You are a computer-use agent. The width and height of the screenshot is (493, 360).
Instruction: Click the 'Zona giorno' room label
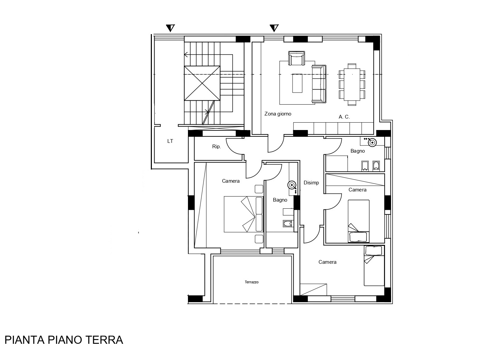(278, 114)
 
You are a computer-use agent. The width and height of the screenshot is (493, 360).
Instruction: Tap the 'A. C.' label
(344, 117)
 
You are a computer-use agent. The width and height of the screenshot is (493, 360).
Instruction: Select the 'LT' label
(170, 141)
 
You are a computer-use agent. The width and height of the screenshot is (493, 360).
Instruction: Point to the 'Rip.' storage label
(217, 147)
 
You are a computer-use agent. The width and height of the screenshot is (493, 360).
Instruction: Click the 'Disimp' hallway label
(311, 183)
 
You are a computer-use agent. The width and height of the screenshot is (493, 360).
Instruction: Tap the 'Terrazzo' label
(252, 282)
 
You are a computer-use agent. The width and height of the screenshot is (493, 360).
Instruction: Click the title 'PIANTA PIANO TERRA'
(64, 340)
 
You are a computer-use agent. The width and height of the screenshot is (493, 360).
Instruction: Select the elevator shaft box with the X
(202, 83)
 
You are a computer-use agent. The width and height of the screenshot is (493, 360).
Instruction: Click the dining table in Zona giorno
(352, 84)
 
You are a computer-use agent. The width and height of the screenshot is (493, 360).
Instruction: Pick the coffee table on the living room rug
(297, 83)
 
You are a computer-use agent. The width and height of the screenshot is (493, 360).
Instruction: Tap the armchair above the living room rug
(297, 58)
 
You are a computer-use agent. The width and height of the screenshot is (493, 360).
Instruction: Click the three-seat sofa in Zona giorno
(319, 84)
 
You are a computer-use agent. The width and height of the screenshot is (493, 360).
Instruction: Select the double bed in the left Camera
(244, 214)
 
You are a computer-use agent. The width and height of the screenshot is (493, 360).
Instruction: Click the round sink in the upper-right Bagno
(373, 143)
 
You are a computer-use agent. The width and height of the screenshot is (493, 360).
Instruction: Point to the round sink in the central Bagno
(292, 185)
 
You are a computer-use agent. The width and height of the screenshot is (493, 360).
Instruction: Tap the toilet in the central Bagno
(287, 224)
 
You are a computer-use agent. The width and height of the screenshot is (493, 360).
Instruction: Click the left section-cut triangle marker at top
(170, 28)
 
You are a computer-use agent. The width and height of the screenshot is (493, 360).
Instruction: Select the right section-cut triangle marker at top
(274, 28)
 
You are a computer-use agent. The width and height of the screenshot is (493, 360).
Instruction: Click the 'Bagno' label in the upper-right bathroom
(358, 151)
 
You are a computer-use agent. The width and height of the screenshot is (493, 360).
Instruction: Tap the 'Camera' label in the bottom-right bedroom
(328, 262)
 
